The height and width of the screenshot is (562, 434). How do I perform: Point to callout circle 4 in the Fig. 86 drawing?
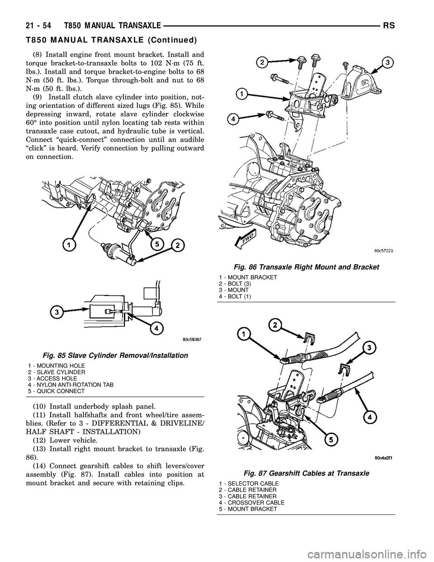[233, 119]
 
